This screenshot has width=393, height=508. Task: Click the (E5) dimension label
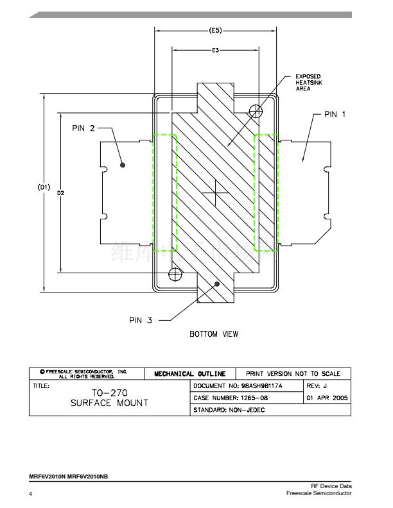(x=216, y=30)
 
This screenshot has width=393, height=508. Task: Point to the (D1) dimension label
(x=43, y=187)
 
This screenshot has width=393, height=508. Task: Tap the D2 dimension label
(x=60, y=192)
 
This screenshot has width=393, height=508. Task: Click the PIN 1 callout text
(x=334, y=114)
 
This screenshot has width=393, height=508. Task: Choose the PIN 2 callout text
(x=83, y=128)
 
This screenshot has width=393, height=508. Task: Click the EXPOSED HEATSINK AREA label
(x=308, y=83)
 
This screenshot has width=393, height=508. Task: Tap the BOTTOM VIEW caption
(x=214, y=334)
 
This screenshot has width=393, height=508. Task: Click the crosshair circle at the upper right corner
(x=257, y=112)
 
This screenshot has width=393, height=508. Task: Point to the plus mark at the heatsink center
(x=215, y=193)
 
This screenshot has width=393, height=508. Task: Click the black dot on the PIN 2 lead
(x=123, y=165)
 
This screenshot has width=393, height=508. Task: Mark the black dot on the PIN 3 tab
(x=218, y=283)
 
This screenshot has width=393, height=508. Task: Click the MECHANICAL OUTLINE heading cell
(x=190, y=373)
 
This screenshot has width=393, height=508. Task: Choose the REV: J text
(x=317, y=385)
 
